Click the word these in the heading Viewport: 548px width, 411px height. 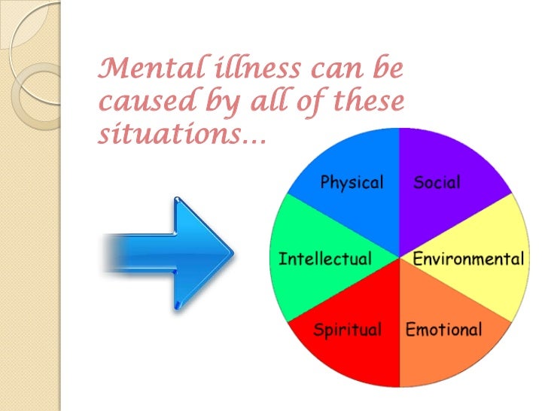coord(365,101)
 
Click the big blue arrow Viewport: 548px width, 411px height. coord(169,252)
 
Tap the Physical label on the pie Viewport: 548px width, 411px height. coord(352,183)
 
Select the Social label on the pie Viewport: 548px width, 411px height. coord(437,183)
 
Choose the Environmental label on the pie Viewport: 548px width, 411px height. coord(468,260)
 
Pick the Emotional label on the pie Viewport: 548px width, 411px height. coord(443,330)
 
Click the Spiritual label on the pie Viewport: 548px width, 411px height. coord(347,330)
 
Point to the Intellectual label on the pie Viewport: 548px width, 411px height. coord(325,260)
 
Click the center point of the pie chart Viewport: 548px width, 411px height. coord(400,256)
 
